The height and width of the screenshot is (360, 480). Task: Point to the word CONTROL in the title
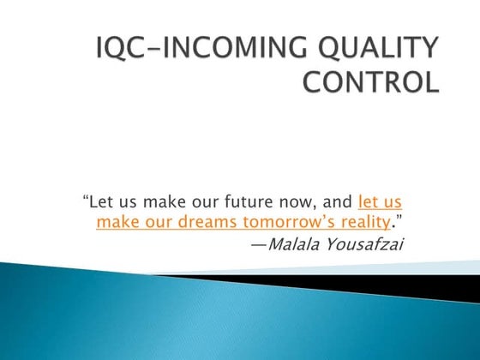coord(371,84)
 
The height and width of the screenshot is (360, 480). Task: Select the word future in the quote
coord(271,203)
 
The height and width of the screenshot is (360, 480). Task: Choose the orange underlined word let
coord(369,203)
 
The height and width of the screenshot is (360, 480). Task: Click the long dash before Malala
coord(258,244)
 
